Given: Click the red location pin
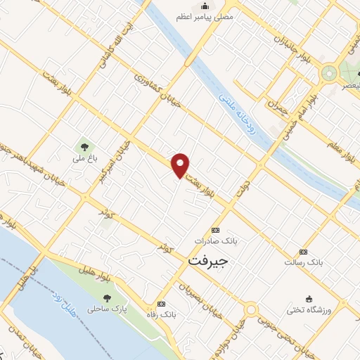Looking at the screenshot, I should (181, 165).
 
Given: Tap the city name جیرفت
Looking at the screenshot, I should (210, 259).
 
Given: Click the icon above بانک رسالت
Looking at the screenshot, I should (303, 252).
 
